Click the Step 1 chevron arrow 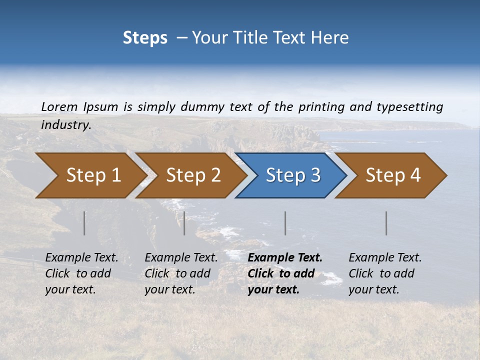[90, 175]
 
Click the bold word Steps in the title [145, 38]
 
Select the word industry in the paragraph [65, 125]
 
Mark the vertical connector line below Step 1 [84, 223]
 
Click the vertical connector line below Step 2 [184, 223]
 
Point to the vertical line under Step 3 [285, 223]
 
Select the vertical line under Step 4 [386, 223]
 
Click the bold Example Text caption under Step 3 [285, 273]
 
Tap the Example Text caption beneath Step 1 [81, 273]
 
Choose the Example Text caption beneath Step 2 [181, 273]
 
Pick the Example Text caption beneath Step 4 [385, 273]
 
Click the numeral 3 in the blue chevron [315, 175]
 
